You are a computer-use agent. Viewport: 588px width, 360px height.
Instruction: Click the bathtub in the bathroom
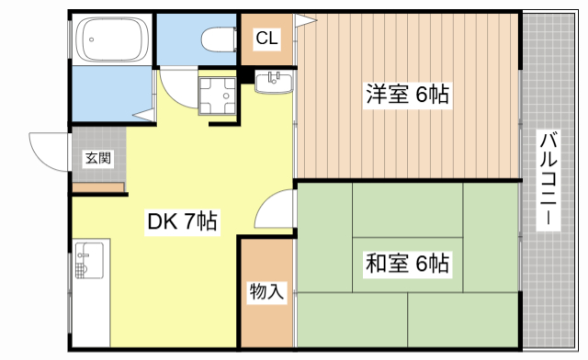point(112,40)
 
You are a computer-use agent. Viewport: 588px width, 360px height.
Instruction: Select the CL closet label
point(267,39)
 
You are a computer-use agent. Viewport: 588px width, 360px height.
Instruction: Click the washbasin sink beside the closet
point(275,83)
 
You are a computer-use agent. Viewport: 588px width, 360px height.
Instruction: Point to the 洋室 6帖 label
point(408,95)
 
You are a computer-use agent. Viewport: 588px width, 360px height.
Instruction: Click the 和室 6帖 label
point(408,264)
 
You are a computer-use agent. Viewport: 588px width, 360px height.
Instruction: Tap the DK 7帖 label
point(182,221)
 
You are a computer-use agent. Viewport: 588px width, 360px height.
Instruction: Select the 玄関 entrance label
point(98,159)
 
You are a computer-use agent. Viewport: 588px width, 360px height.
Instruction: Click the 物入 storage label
point(266,293)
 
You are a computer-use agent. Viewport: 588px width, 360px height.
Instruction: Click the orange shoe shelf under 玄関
point(98,188)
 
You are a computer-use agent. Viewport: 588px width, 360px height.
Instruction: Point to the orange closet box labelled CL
point(267,39)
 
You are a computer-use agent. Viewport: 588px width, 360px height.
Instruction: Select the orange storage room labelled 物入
point(266,293)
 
